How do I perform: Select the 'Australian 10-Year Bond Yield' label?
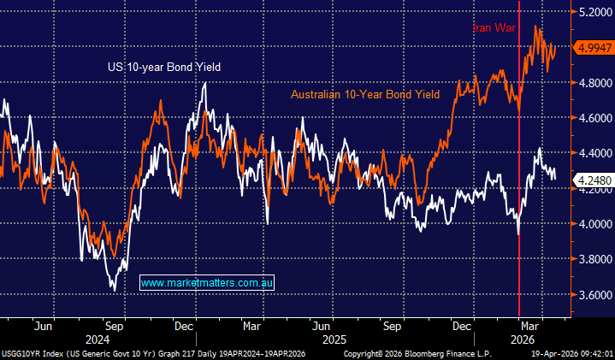[x=365, y=95]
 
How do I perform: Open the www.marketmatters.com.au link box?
[x=206, y=282]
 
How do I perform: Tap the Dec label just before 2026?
[x=463, y=326]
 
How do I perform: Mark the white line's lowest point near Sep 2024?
[x=115, y=291]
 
